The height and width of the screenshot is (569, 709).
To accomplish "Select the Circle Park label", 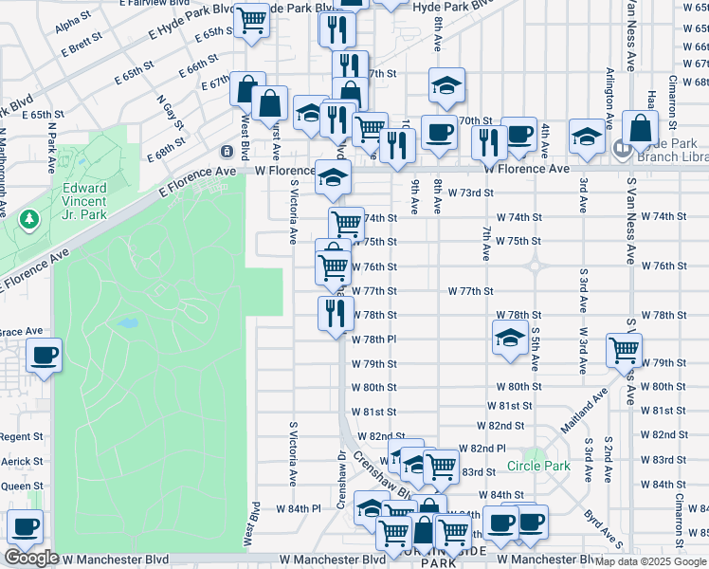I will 538,466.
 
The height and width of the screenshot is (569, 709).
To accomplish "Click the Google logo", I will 31,558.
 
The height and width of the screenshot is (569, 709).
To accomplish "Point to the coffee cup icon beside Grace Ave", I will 45,357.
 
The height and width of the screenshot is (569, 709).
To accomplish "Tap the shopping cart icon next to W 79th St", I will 624,350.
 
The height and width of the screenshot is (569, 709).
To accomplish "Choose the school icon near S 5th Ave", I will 510,338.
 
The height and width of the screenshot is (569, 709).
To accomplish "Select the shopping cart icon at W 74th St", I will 347,225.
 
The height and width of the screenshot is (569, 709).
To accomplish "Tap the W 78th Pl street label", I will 373,339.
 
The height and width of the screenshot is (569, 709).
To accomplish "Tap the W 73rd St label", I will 471,193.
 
